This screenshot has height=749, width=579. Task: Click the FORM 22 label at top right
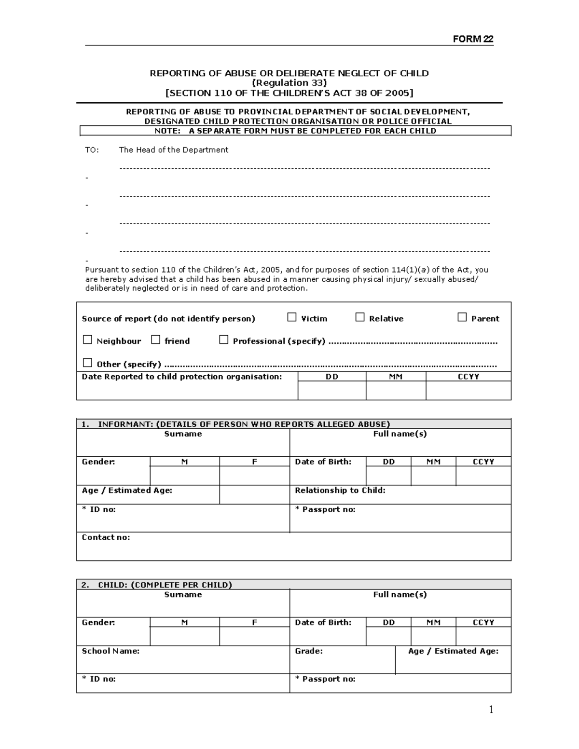(x=472, y=39)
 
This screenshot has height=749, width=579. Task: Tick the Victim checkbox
(x=291, y=317)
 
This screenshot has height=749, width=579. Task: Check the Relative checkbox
(x=359, y=317)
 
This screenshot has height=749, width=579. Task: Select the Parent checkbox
(x=462, y=317)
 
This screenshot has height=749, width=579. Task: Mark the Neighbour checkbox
(x=87, y=340)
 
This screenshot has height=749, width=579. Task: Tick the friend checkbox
(x=155, y=340)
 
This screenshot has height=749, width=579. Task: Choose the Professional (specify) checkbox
(x=223, y=340)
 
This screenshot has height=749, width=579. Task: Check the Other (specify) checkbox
(x=87, y=363)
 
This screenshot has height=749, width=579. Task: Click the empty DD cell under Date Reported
(x=331, y=390)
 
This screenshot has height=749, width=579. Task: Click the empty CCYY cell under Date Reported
(x=468, y=390)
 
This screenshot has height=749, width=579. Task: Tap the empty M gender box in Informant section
(x=184, y=476)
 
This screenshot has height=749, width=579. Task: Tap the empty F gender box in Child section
(x=254, y=636)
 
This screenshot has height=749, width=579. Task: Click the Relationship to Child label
(x=340, y=490)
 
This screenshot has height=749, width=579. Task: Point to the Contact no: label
(x=106, y=537)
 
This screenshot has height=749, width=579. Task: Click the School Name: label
(x=110, y=651)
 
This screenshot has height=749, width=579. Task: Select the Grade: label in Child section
(x=309, y=651)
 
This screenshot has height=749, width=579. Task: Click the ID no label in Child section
(x=99, y=679)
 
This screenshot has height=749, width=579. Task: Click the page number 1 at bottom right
(x=491, y=709)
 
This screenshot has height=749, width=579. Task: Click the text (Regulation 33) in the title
(x=289, y=83)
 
